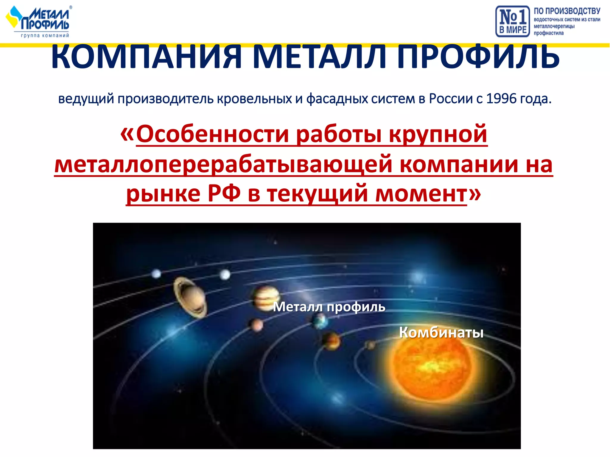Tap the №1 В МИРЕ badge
point(512,21)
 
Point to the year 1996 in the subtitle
point(502,98)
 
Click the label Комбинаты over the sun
point(441,332)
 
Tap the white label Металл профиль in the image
point(329,307)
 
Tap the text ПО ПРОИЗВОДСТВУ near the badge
point(567,11)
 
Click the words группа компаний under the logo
point(45,35)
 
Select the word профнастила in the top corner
point(548,33)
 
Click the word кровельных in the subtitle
point(254,98)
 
